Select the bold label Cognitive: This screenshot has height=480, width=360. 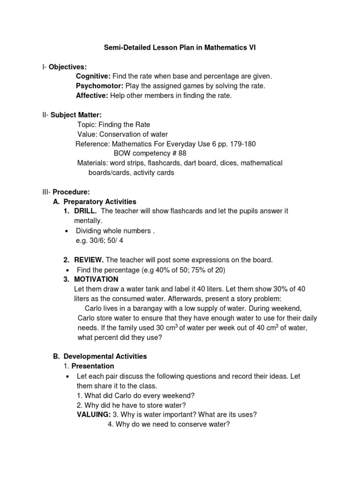pos(93,76)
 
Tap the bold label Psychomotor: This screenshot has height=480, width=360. pos(100,86)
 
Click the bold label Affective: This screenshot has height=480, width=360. pos(92,96)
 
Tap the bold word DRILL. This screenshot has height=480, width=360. pos(85,211)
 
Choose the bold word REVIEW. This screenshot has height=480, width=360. pos(89,260)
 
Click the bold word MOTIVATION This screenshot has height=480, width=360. pos(97,279)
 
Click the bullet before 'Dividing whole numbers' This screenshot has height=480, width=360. pos(68,231)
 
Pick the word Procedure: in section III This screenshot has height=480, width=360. pos(71,192)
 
